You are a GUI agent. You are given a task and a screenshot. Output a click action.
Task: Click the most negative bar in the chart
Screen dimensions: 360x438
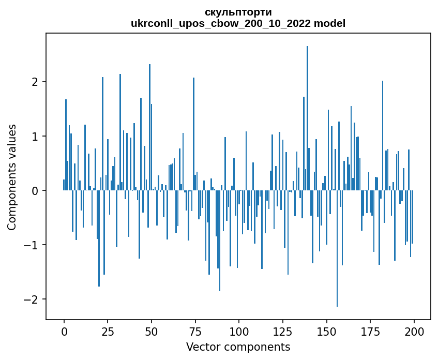(x=337, y=248)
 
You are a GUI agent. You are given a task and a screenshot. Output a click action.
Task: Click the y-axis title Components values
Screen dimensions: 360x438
(x=11, y=177)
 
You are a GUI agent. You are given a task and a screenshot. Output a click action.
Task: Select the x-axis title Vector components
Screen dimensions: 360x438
(x=238, y=347)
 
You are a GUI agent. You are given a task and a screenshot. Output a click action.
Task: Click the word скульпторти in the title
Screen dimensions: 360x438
(x=238, y=12)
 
